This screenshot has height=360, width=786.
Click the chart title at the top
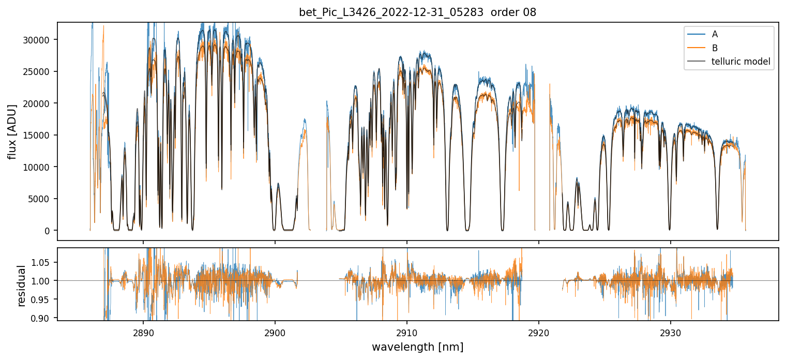[x=417, y=12]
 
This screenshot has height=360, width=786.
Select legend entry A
[x=715, y=34]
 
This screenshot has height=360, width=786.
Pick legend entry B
[x=715, y=48]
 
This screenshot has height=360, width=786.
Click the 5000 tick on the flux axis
[x=41, y=199]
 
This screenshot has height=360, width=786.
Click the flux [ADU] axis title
[x=12, y=131]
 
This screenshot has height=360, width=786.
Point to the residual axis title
[x=21, y=286]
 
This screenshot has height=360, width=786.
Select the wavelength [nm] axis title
[x=417, y=347]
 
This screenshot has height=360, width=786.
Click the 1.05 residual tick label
[x=43, y=262]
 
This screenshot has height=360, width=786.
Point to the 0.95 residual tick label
[x=43, y=299]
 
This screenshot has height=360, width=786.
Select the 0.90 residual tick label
[x=43, y=318]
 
